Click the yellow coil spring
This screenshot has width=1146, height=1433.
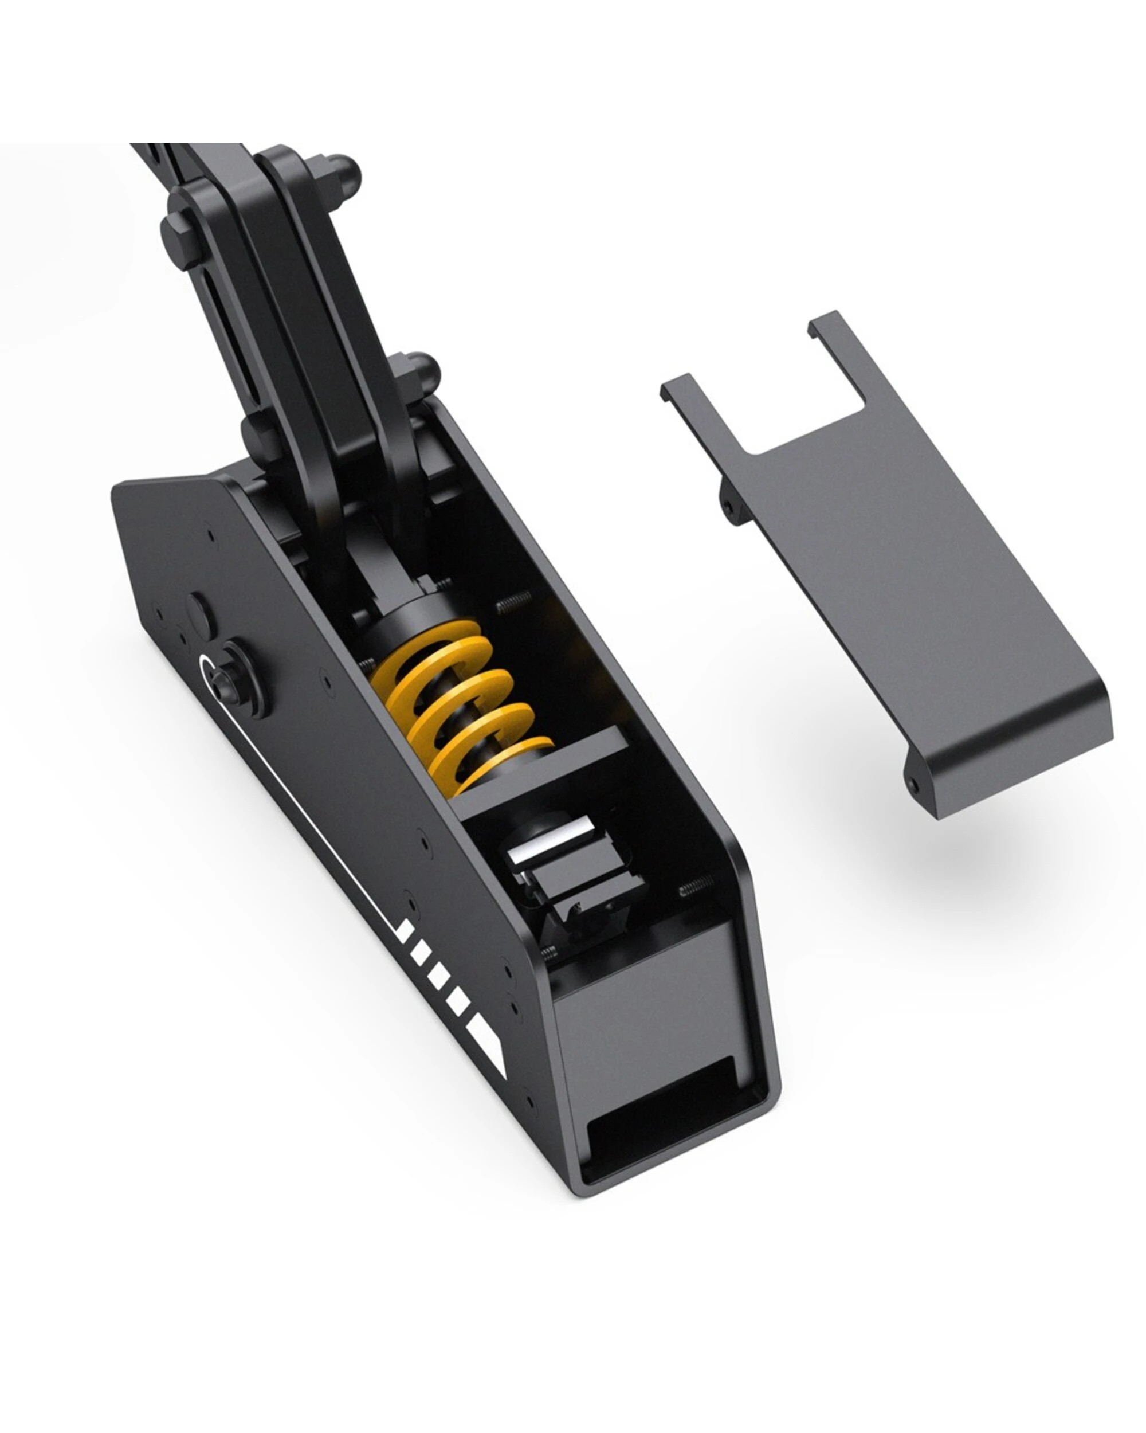point(458,704)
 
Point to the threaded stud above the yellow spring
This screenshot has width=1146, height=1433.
point(513,600)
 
